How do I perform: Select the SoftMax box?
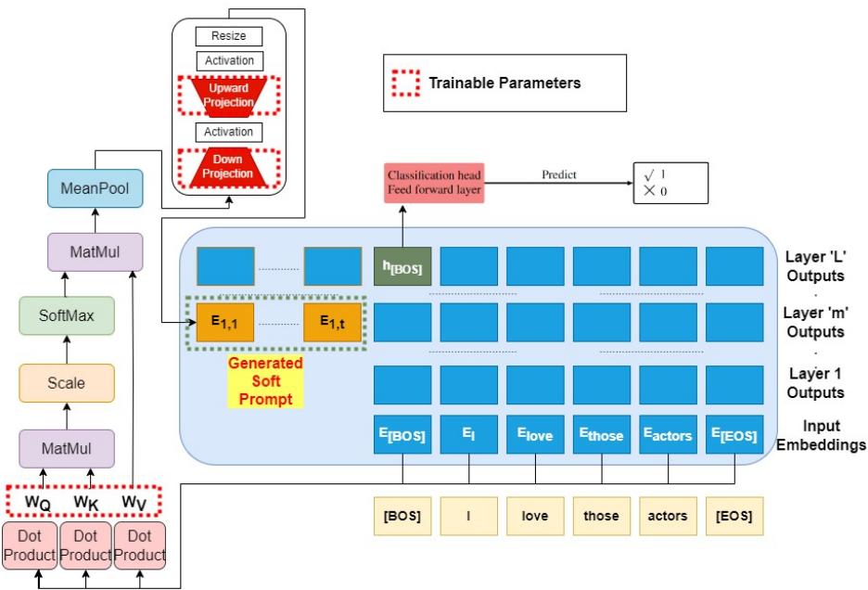66,315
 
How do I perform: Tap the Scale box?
66,382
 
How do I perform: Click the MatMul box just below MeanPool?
96,251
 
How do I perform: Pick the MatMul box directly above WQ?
66,449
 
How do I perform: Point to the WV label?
137,502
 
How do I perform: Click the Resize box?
228,36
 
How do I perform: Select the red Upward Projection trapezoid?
228,94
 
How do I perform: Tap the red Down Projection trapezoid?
228,167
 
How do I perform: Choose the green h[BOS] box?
402,266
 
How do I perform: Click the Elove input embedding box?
535,435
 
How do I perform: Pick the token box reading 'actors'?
668,516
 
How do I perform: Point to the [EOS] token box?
734,516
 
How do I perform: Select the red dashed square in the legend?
404,83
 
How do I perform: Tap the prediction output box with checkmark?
670,183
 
